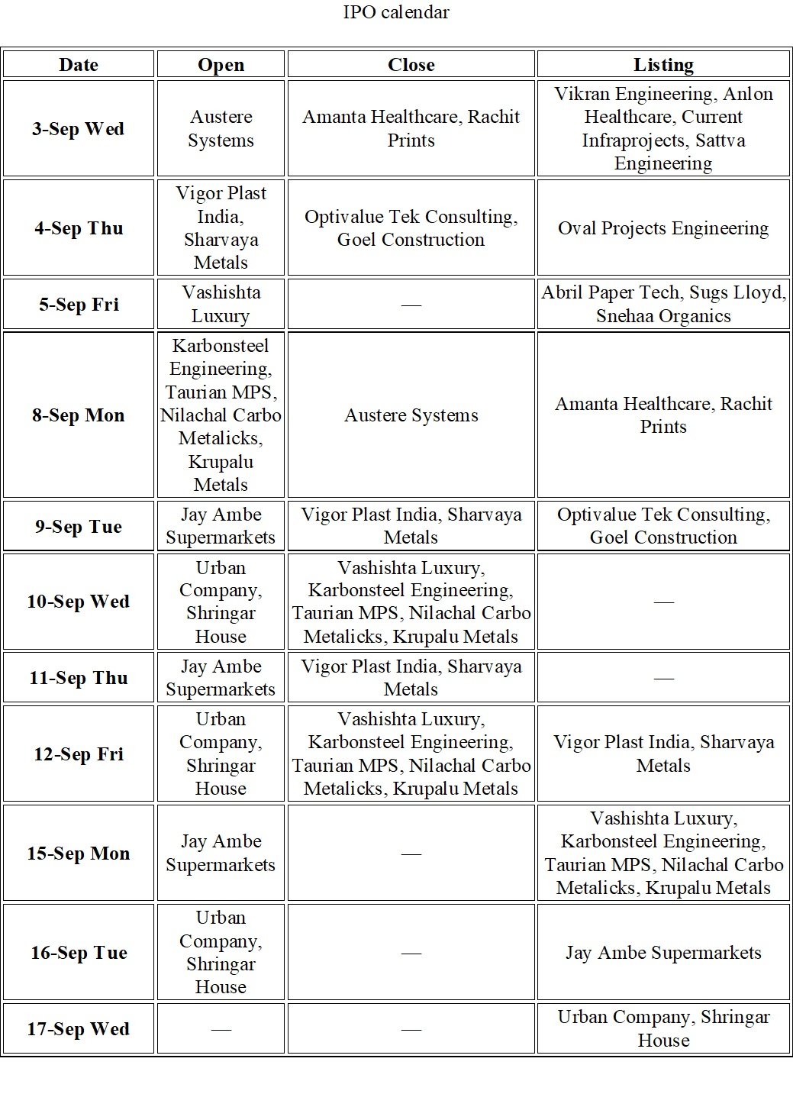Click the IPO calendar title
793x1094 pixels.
(396, 12)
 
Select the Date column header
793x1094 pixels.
(79, 65)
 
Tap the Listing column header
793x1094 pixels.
(663, 65)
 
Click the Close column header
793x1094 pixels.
(411, 65)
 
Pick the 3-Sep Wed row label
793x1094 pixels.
(79, 129)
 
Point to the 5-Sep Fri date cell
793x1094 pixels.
(79, 305)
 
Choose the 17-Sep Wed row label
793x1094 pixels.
(79, 1029)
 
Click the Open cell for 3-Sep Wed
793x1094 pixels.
(221, 129)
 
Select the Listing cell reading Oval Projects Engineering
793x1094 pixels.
(663, 228)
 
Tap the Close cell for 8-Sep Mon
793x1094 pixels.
(411, 415)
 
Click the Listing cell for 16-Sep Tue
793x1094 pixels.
(663, 953)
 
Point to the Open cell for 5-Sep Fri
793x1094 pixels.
(221, 305)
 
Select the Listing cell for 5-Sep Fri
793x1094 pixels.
(663, 305)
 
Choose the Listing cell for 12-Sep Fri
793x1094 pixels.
(663, 754)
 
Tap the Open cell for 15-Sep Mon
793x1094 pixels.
(221, 853)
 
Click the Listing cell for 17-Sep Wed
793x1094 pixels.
(663, 1029)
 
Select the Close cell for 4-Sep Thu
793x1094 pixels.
(411, 228)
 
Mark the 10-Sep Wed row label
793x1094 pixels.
(79, 602)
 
